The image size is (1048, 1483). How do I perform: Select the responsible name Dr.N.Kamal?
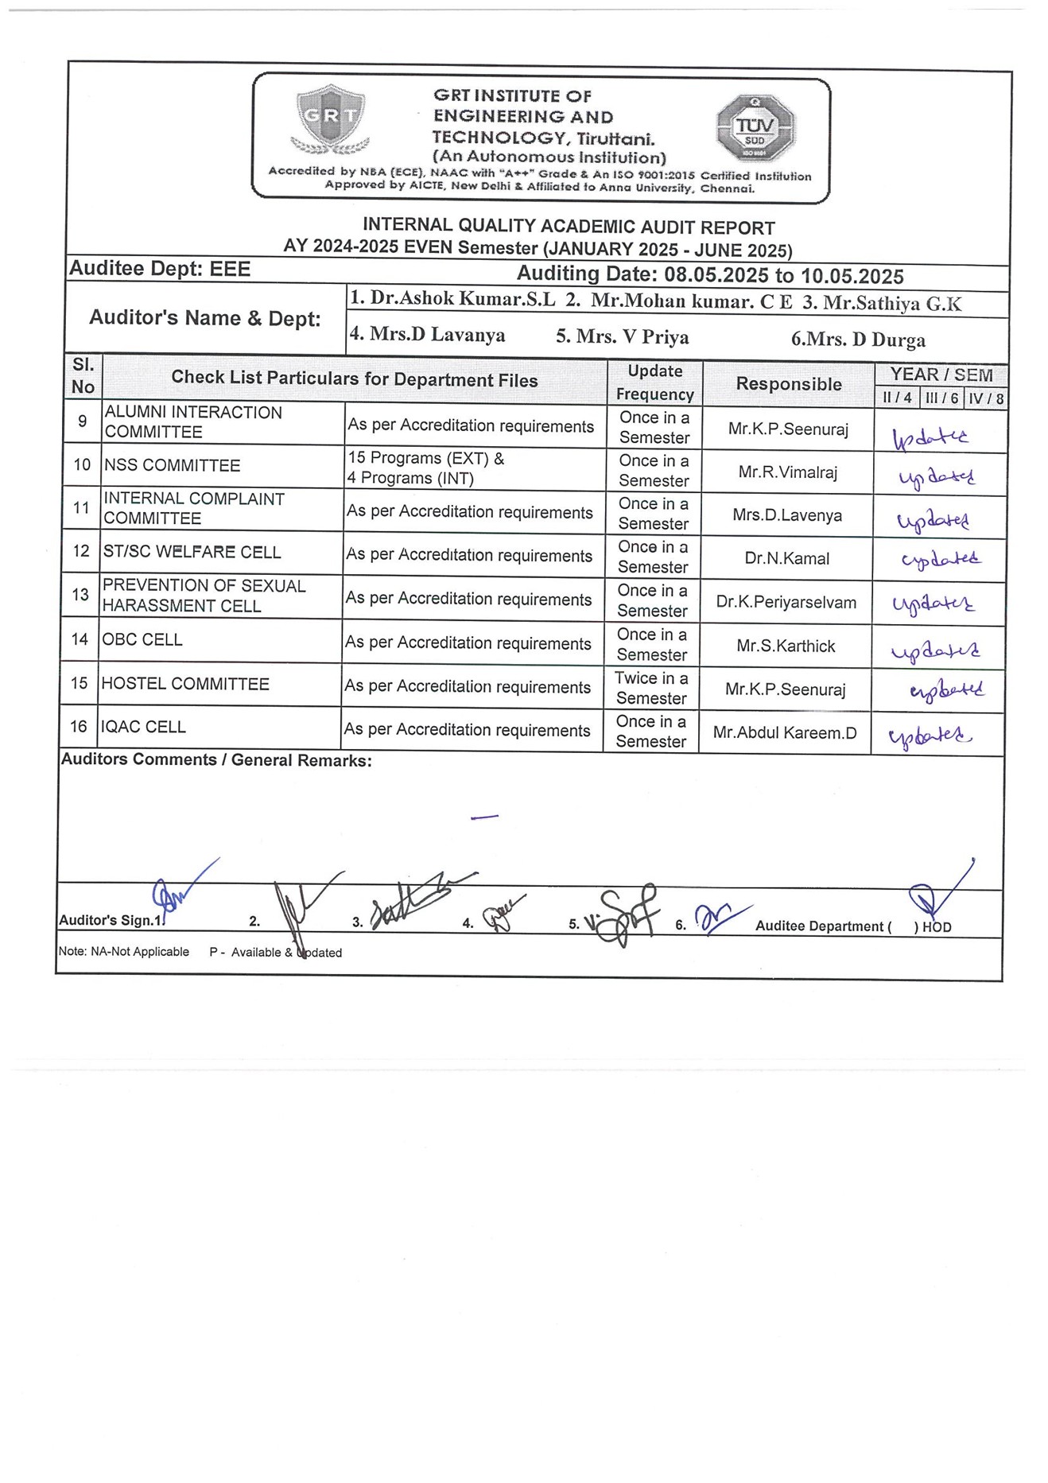pos(786,558)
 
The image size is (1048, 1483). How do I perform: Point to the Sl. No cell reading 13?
pos(80,595)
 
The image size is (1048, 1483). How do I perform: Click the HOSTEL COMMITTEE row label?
pos(185,684)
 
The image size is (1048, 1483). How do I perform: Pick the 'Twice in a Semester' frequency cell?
pos(651,688)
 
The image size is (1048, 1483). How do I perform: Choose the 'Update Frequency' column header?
pos(654,382)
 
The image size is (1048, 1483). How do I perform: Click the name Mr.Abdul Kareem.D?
pos(785,732)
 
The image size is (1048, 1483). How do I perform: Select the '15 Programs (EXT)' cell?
pos(426,468)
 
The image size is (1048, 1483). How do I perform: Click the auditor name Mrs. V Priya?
pos(622,337)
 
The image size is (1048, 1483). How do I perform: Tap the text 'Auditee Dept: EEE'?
pos(160,269)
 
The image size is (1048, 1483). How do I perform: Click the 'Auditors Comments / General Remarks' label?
pos(216,760)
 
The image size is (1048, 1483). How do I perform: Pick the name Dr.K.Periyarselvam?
pos(786,602)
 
